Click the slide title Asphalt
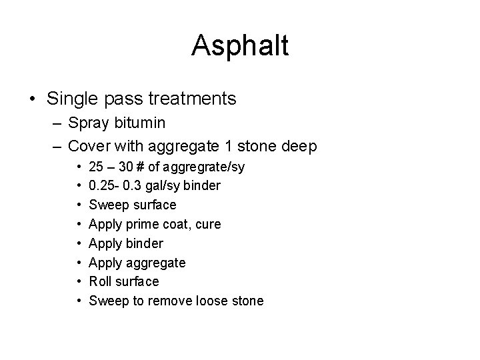point(240,46)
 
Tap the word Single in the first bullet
point(70,99)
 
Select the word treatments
point(192,99)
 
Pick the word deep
point(300,146)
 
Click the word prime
point(139,223)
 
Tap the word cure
point(207,223)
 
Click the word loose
point(213,301)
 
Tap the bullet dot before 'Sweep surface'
point(79,204)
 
